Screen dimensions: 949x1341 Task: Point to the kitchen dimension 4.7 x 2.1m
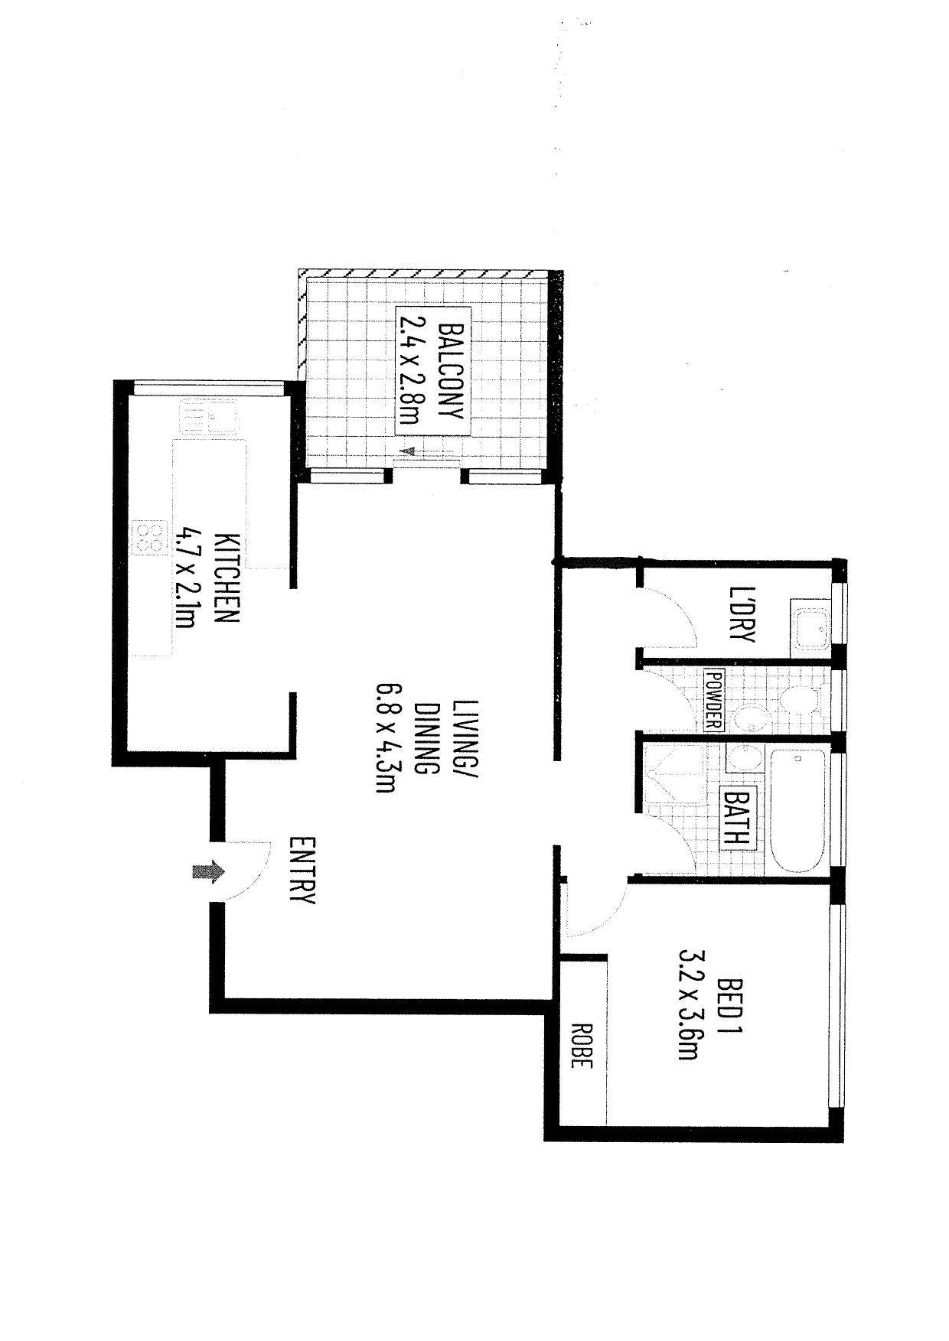tap(187, 578)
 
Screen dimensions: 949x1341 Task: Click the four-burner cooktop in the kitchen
tap(151, 536)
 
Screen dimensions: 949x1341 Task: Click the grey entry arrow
tap(207, 871)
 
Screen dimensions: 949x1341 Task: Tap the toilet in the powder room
tap(797, 700)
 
